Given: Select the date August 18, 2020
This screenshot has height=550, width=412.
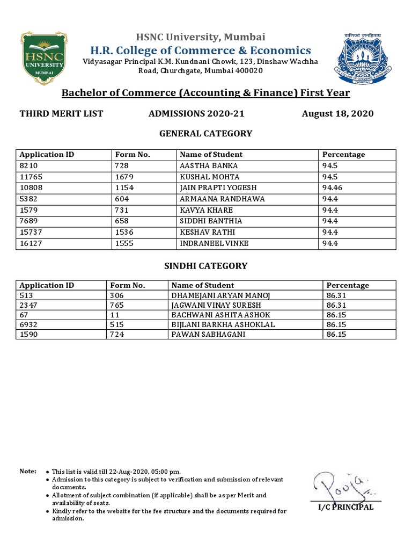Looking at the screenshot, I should [x=337, y=113].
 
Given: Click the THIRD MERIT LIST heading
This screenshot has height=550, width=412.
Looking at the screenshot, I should [x=61, y=113].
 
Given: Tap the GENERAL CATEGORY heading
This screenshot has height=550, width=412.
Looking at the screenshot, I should [x=206, y=133].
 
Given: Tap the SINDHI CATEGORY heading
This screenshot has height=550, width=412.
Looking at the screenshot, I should [x=206, y=265].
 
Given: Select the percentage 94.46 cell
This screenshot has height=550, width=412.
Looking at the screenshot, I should [x=333, y=188].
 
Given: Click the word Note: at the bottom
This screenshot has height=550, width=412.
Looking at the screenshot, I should [x=28, y=471].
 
